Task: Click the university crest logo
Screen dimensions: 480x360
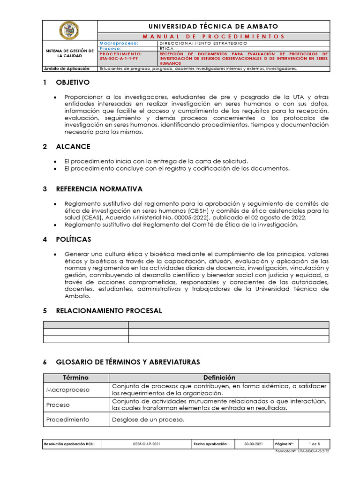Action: (x=69, y=31)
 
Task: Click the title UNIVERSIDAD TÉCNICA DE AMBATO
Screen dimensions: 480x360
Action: (x=214, y=27)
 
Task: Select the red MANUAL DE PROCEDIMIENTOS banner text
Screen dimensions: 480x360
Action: (x=214, y=36)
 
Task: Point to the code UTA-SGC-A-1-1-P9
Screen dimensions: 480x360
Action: (x=119, y=58)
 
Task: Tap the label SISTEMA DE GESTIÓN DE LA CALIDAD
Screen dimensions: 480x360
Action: (x=69, y=53)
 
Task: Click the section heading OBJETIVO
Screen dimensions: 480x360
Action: (x=72, y=82)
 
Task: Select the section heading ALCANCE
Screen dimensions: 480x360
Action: (x=73, y=147)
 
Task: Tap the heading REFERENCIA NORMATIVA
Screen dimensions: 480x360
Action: (x=99, y=189)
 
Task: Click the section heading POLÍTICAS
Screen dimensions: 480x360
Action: (x=73, y=240)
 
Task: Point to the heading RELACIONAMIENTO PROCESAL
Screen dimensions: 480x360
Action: (x=109, y=310)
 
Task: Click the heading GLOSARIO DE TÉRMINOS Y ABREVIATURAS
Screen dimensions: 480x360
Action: (x=127, y=362)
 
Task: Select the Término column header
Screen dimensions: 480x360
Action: (x=75, y=377)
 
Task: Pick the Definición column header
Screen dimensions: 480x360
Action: (x=219, y=377)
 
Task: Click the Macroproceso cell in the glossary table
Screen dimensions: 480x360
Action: (x=67, y=390)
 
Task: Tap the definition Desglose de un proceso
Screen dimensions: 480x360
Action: (x=148, y=420)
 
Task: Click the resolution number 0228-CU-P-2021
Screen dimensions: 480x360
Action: (x=146, y=443)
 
